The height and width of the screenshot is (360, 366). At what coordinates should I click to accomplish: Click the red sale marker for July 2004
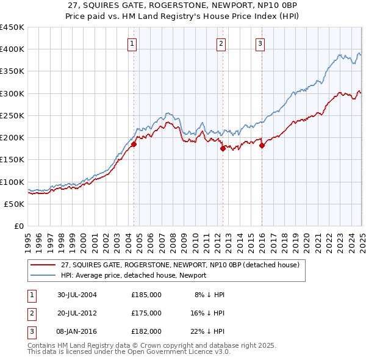134,144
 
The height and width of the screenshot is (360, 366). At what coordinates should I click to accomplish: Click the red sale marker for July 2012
223,148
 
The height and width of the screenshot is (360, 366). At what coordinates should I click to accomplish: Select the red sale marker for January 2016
262,145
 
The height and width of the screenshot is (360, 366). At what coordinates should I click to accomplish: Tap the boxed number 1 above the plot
132,43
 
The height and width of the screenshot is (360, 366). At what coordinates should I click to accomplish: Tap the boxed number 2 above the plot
220,43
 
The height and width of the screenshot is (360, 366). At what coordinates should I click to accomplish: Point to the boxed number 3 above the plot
260,43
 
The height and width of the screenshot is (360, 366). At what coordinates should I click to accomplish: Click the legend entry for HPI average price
134,275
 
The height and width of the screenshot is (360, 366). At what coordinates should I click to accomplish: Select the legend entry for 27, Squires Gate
179,265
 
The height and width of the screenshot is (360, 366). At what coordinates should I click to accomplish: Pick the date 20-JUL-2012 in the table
77,313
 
